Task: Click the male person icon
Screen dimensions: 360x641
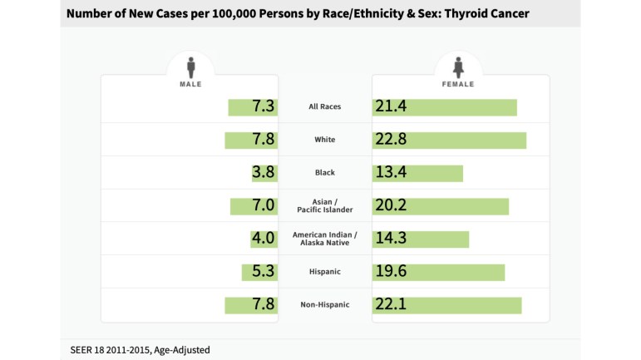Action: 190,66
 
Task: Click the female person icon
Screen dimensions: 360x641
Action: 458,66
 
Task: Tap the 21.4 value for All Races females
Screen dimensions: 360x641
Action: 391,107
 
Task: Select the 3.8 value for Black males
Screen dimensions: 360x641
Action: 263,173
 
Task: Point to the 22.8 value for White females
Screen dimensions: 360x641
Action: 391,140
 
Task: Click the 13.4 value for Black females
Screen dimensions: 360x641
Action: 391,173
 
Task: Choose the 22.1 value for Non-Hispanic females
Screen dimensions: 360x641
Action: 391,305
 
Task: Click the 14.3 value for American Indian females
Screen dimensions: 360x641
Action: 391,239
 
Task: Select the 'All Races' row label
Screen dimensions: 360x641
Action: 324,107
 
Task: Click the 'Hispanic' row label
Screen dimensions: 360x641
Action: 324,272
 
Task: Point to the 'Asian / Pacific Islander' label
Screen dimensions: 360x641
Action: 324,206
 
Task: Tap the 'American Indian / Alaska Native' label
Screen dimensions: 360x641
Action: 324,239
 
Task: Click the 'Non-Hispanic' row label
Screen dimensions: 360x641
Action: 324,305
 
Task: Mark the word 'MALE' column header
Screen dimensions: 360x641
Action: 190,84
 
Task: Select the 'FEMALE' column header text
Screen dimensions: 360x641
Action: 458,84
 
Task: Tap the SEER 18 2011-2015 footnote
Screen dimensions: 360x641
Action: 140,349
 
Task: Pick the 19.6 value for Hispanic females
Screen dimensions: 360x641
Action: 391,272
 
